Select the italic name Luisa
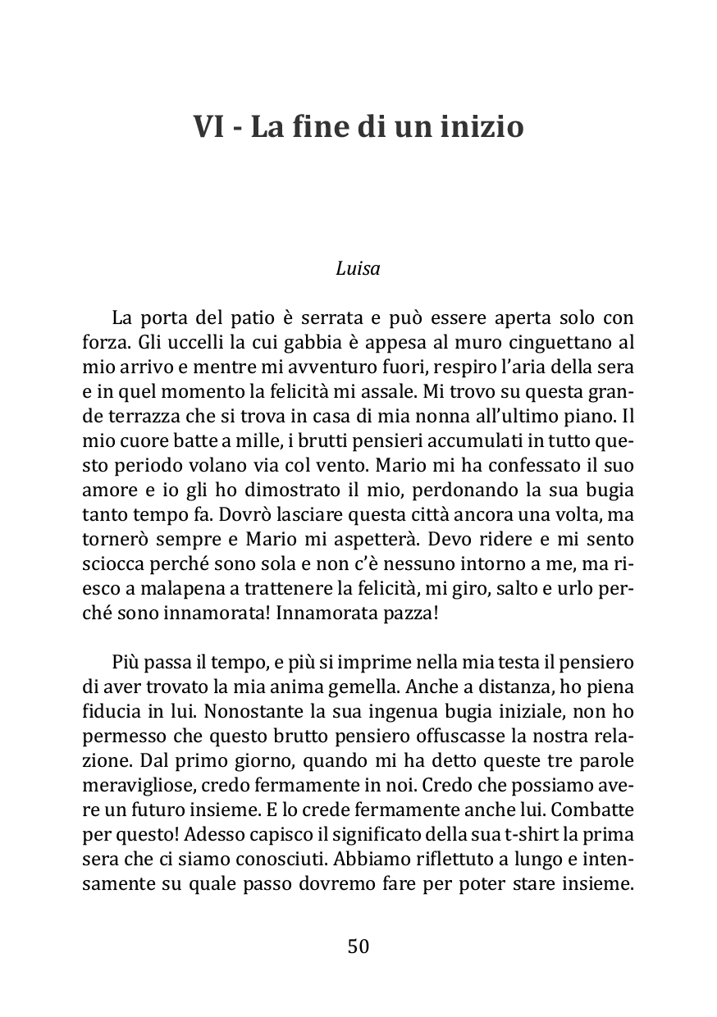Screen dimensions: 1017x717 pyautogui.click(x=358, y=268)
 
